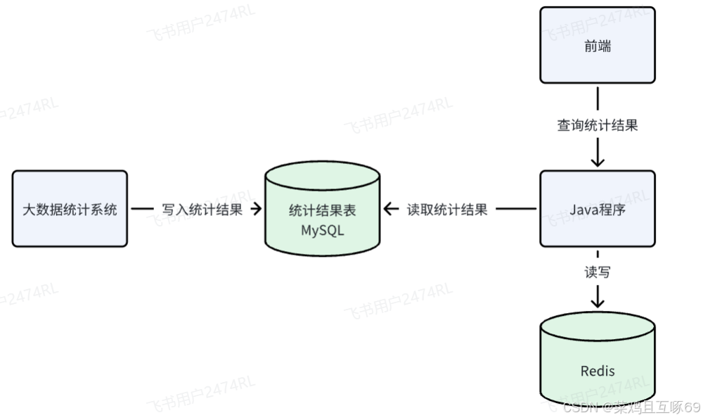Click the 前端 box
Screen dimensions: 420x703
pyautogui.click(x=597, y=46)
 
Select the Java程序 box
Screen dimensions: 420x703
pyautogui.click(x=597, y=209)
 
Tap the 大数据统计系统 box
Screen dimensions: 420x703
pyautogui.click(x=70, y=209)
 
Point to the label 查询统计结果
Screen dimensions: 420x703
pyautogui.click(x=597, y=126)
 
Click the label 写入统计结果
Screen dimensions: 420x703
pyautogui.click(x=202, y=209)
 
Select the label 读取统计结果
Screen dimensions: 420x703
pyautogui.click(x=447, y=209)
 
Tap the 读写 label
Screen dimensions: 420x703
pyautogui.click(x=597, y=272)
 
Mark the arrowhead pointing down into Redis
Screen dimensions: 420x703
pyautogui.click(x=597, y=302)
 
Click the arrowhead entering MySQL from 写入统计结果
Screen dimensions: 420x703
pyautogui.click(x=257, y=209)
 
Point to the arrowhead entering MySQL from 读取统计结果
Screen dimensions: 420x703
pyautogui.click(x=389, y=209)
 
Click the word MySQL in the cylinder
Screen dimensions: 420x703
pyautogui.click(x=323, y=230)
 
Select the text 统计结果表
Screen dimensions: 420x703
pyautogui.click(x=323, y=210)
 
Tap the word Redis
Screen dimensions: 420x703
pyautogui.click(x=597, y=371)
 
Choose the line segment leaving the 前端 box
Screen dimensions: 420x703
pyautogui.click(x=597, y=98)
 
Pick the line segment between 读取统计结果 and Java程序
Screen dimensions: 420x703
pyautogui.click(x=517, y=209)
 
